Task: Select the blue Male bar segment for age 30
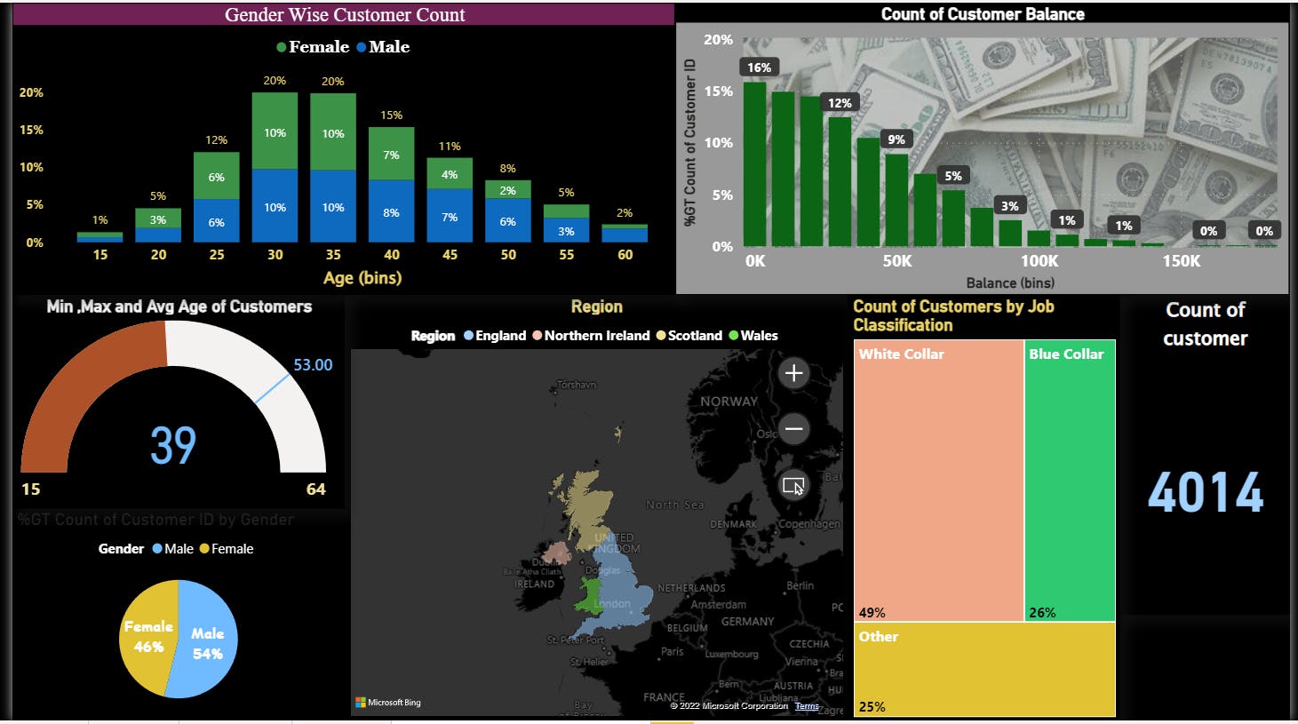pyautogui.click(x=275, y=206)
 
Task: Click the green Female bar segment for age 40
pyautogui.click(x=391, y=154)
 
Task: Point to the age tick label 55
pyautogui.click(x=566, y=255)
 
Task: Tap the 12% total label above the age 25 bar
pyautogui.click(x=216, y=140)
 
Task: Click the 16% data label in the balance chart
pyautogui.click(x=759, y=68)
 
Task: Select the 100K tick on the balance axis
pyautogui.click(x=1039, y=261)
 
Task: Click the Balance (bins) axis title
pyautogui.click(x=1010, y=282)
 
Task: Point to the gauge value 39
pyautogui.click(x=172, y=445)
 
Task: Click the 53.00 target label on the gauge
pyautogui.click(x=313, y=365)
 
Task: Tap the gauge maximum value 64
pyautogui.click(x=315, y=489)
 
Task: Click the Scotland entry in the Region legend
pyautogui.click(x=694, y=336)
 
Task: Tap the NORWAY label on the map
pyautogui.click(x=729, y=402)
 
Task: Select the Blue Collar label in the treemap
pyautogui.click(x=1065, y=354)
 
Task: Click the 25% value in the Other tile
pyautogui.click(x=872, y=707)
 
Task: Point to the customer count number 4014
pyautogui.click(x=1205, y=493)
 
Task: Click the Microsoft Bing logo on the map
pyautogui.click(x=388, y=703)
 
